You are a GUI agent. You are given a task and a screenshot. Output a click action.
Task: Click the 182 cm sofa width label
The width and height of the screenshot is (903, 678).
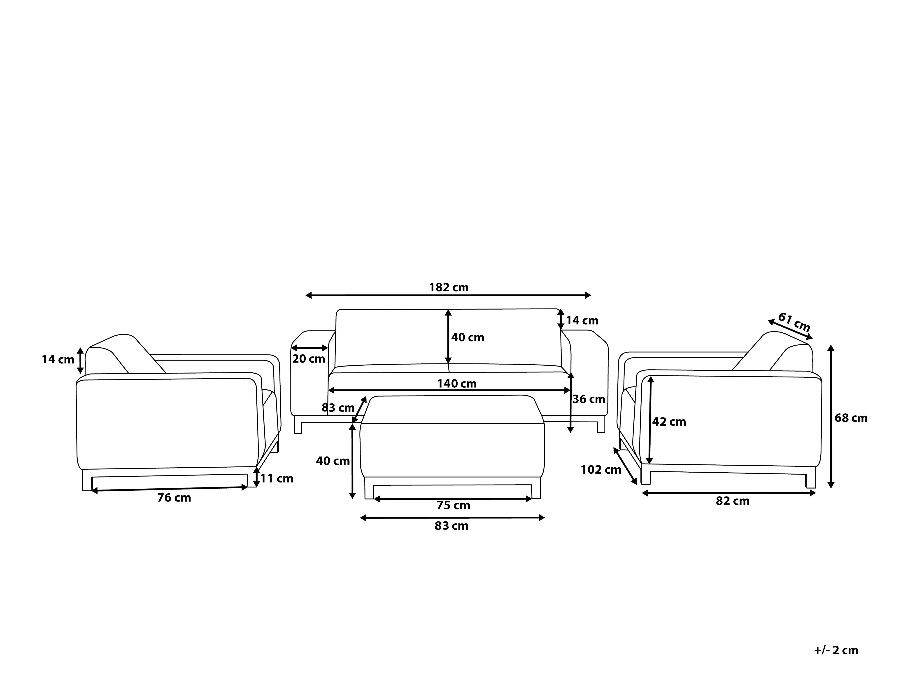click(449, 287)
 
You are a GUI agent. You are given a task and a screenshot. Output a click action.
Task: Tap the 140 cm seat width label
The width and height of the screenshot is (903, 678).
click(457, 384)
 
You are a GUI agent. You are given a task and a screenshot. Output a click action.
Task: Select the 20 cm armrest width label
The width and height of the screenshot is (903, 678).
click(309, 359)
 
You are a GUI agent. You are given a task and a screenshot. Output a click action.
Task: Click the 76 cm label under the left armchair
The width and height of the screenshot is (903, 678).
click(174, 498)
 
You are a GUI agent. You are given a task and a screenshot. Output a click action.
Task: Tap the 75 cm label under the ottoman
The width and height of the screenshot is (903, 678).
click(454, 506)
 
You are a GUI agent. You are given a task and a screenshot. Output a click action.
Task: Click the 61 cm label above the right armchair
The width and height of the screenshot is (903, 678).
click(794, 323)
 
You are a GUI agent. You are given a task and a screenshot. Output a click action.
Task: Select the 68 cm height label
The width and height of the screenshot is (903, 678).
click(851, 418)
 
